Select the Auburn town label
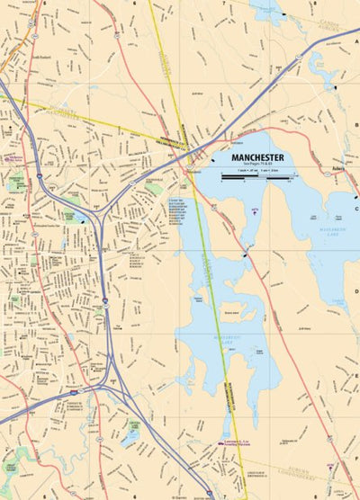338,167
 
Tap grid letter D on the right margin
356,290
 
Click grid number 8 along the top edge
314,3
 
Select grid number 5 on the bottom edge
43,496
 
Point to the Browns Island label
233,314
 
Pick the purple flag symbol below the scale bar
256,209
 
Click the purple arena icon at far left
7,156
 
